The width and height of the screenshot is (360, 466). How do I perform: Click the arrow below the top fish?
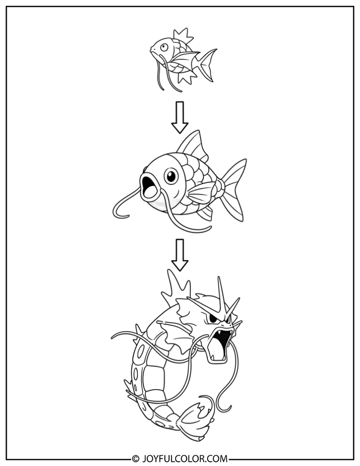[x=179, y=117]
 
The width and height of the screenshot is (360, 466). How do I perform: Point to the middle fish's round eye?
[x=171, y=176]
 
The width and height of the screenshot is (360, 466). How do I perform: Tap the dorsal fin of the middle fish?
[x=192, y=146]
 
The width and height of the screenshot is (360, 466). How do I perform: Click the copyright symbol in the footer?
[x=136, y=458]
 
